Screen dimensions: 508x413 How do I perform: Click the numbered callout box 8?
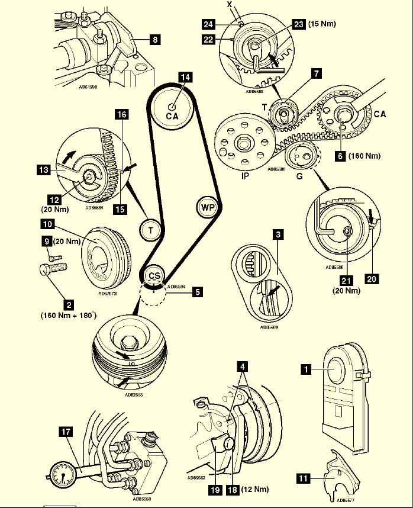point(154,41)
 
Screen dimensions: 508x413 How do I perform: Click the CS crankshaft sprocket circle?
point(153,276)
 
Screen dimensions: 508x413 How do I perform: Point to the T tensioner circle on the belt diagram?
point(150,230)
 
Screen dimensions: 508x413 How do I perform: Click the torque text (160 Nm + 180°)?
point(69,316)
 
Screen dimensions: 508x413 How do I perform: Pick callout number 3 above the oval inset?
point(277,234)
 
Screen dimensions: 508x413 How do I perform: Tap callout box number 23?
point(298,25)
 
